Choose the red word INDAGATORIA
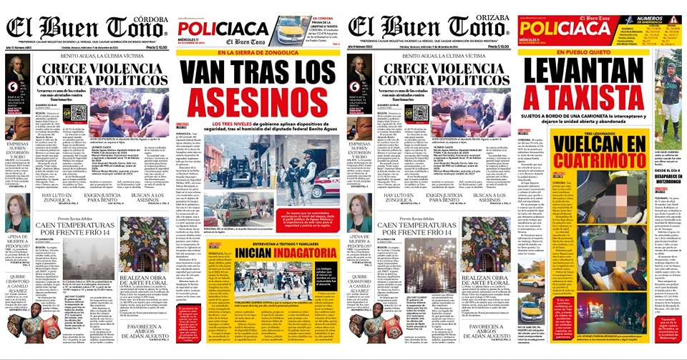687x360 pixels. pos(277,253)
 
